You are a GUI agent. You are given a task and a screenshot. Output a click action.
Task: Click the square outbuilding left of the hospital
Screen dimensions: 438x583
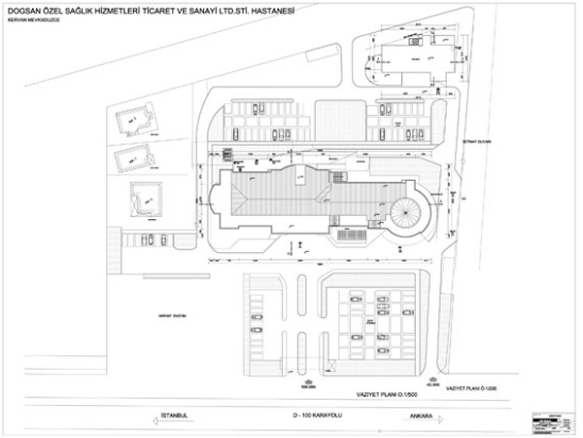pyautogui.click(x=142, y=201)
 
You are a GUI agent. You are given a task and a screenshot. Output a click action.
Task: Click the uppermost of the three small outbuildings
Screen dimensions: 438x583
pyautogui.click(x=133, y=122)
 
